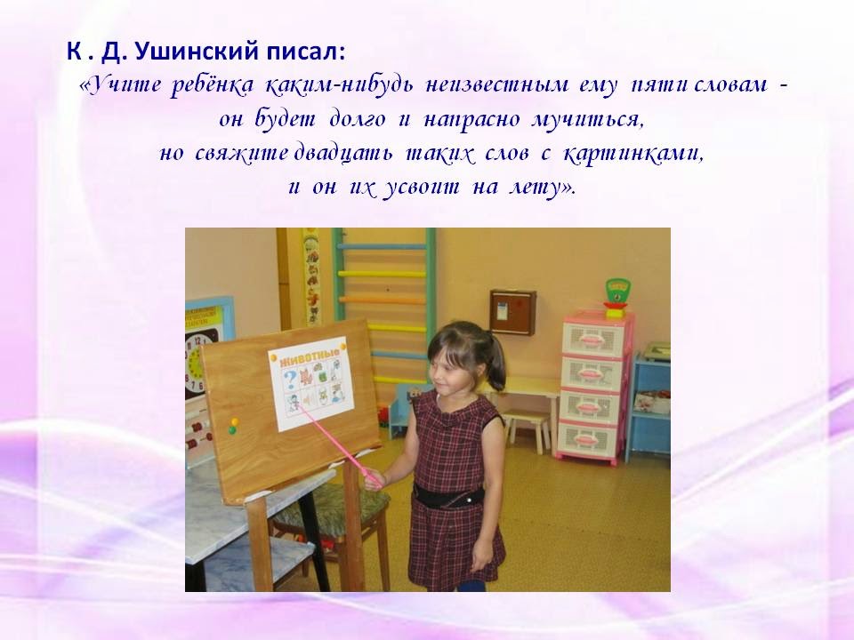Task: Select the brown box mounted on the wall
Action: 512,311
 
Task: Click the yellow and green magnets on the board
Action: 233,426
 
